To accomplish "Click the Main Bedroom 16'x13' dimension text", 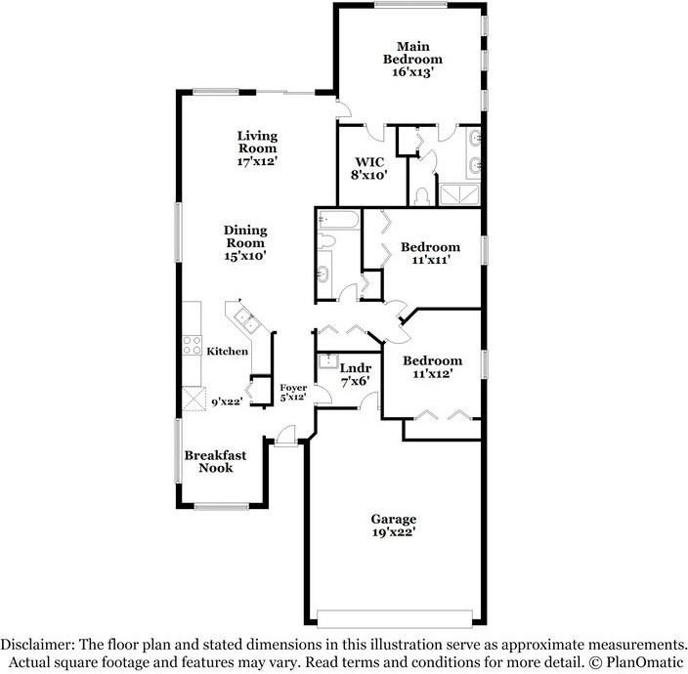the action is pos(412,72).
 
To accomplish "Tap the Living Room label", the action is pos(258,142).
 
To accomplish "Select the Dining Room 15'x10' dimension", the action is pos(245,256).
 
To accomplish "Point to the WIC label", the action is pos(369,162).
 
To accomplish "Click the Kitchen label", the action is pos(228,352).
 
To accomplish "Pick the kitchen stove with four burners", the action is pos(193,345).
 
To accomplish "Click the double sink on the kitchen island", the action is pos(245,319).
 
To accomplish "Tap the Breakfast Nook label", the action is pos(215,462).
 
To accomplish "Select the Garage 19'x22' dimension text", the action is pos(394,532).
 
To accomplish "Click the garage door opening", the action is pos(395,618).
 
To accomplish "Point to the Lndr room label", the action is pos(356,368).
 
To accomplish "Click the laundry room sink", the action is pos(326,361).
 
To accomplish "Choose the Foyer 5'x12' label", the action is pos(293,393).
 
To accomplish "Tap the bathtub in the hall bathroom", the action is pos(337,219).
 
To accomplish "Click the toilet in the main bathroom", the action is pos(422,196).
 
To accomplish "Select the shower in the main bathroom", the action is pos(459,194).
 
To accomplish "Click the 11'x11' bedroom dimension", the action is pos(431,260).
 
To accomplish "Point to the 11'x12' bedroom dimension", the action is pos(433,374).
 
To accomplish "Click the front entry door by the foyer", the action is pos(286,437).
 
